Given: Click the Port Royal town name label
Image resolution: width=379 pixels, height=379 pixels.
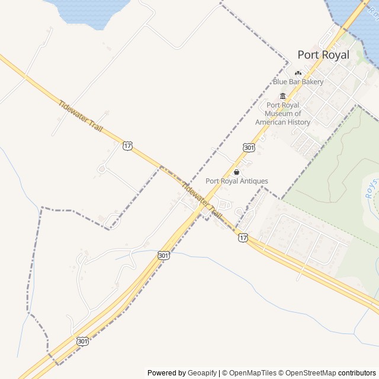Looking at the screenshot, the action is click(x=323, y=55).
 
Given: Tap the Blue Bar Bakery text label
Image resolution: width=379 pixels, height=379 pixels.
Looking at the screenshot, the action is click(x=298, y=82).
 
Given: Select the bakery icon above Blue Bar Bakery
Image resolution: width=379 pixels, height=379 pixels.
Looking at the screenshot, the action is click(x=298, y=73).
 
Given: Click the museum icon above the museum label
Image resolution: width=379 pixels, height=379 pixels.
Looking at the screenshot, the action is click(x=282, y=97).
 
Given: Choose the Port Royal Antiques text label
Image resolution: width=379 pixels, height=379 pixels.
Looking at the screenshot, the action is click(x=237, y=181).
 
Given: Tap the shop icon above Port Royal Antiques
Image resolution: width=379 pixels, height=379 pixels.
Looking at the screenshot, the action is click(x=237, y=172).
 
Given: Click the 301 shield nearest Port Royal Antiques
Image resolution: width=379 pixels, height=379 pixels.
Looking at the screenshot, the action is click(x=249, y=146).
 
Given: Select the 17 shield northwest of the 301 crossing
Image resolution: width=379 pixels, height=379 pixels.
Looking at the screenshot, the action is click(x=128, y=145).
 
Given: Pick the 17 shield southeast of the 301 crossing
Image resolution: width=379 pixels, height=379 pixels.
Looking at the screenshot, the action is click(x=243, y=237).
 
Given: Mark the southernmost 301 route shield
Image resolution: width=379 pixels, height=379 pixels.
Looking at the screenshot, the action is click(x=82, y=341).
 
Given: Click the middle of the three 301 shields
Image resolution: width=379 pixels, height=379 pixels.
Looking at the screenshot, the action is click(x=163, y=255).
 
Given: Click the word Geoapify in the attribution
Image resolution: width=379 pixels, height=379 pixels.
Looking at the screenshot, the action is click(x=202, y=373).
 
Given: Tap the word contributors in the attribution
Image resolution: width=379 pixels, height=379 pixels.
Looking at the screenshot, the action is click(x=357, y=373).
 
